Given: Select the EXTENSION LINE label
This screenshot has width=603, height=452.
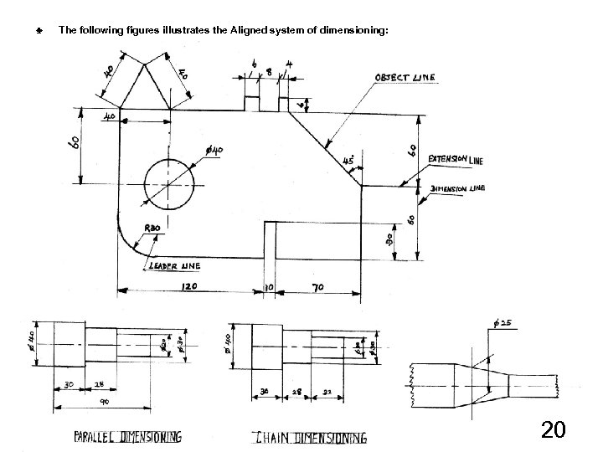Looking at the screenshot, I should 455,159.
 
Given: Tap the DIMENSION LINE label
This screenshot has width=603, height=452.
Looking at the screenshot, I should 457,188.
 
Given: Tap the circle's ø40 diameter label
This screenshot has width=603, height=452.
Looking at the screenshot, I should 214,150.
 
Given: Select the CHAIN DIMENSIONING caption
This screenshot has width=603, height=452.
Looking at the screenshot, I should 310,437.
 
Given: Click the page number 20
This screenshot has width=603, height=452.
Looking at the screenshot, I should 553,431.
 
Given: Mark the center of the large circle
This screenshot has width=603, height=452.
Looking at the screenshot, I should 168,182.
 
